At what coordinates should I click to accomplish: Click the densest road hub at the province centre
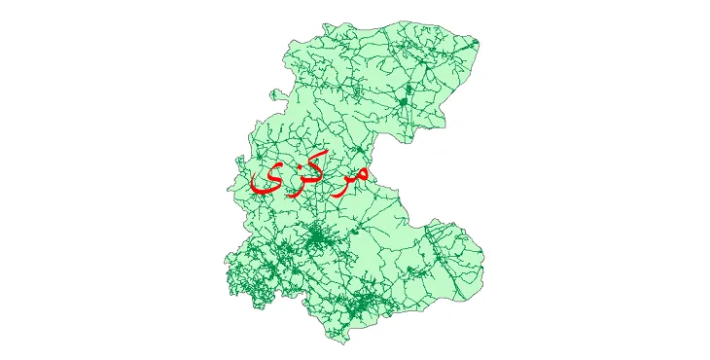pyautogui.click(x=317, y=236)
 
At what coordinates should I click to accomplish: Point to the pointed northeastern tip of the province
pyautogui.click(x=478, y=43)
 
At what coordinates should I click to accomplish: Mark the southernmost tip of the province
pyautogui.click(x=336, y=342)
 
